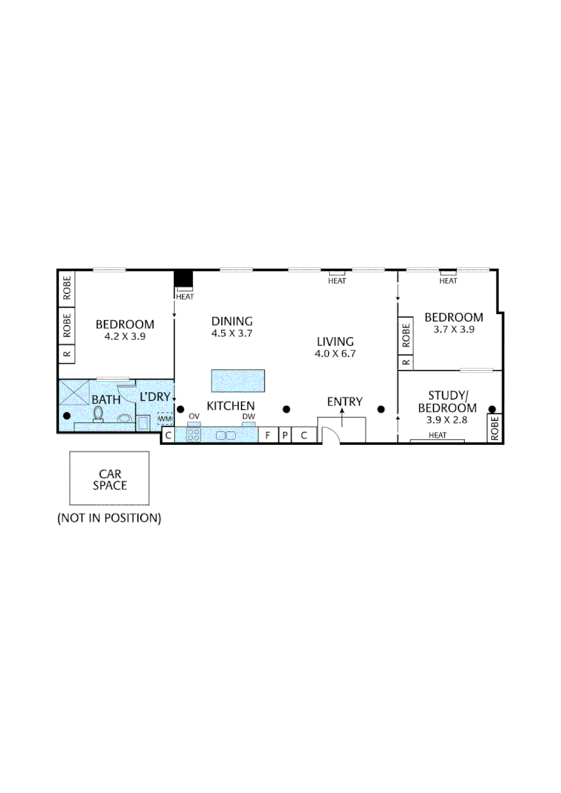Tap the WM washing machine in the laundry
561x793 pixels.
pyautogui.click(x=164, y=419)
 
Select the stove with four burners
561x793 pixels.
pyautogui.click(x=195, y=435)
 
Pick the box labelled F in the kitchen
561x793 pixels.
pyautogui.click(x=267, y=435)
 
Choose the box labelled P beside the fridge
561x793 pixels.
pyautogui.click(x=284, y=435)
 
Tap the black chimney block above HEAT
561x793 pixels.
pyautogui.click(x=184, y=280)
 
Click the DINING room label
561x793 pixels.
pyautogui.click(x=232, y=321)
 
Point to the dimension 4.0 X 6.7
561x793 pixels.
pyautogui.click(x=335, y=353)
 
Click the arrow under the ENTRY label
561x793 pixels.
pyautogui.click(x=344, y=416)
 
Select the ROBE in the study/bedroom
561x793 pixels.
pyautogui.click(x=495, y=428)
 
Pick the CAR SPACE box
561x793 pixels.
pyautogui.click(x=109, y=479)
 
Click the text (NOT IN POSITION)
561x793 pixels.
pyautogui.click(x=109, y=518)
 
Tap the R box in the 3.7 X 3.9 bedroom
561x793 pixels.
pyautogui.click(x=405, y=362)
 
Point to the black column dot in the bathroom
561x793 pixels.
pyautogui.click(x=67, y=416)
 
